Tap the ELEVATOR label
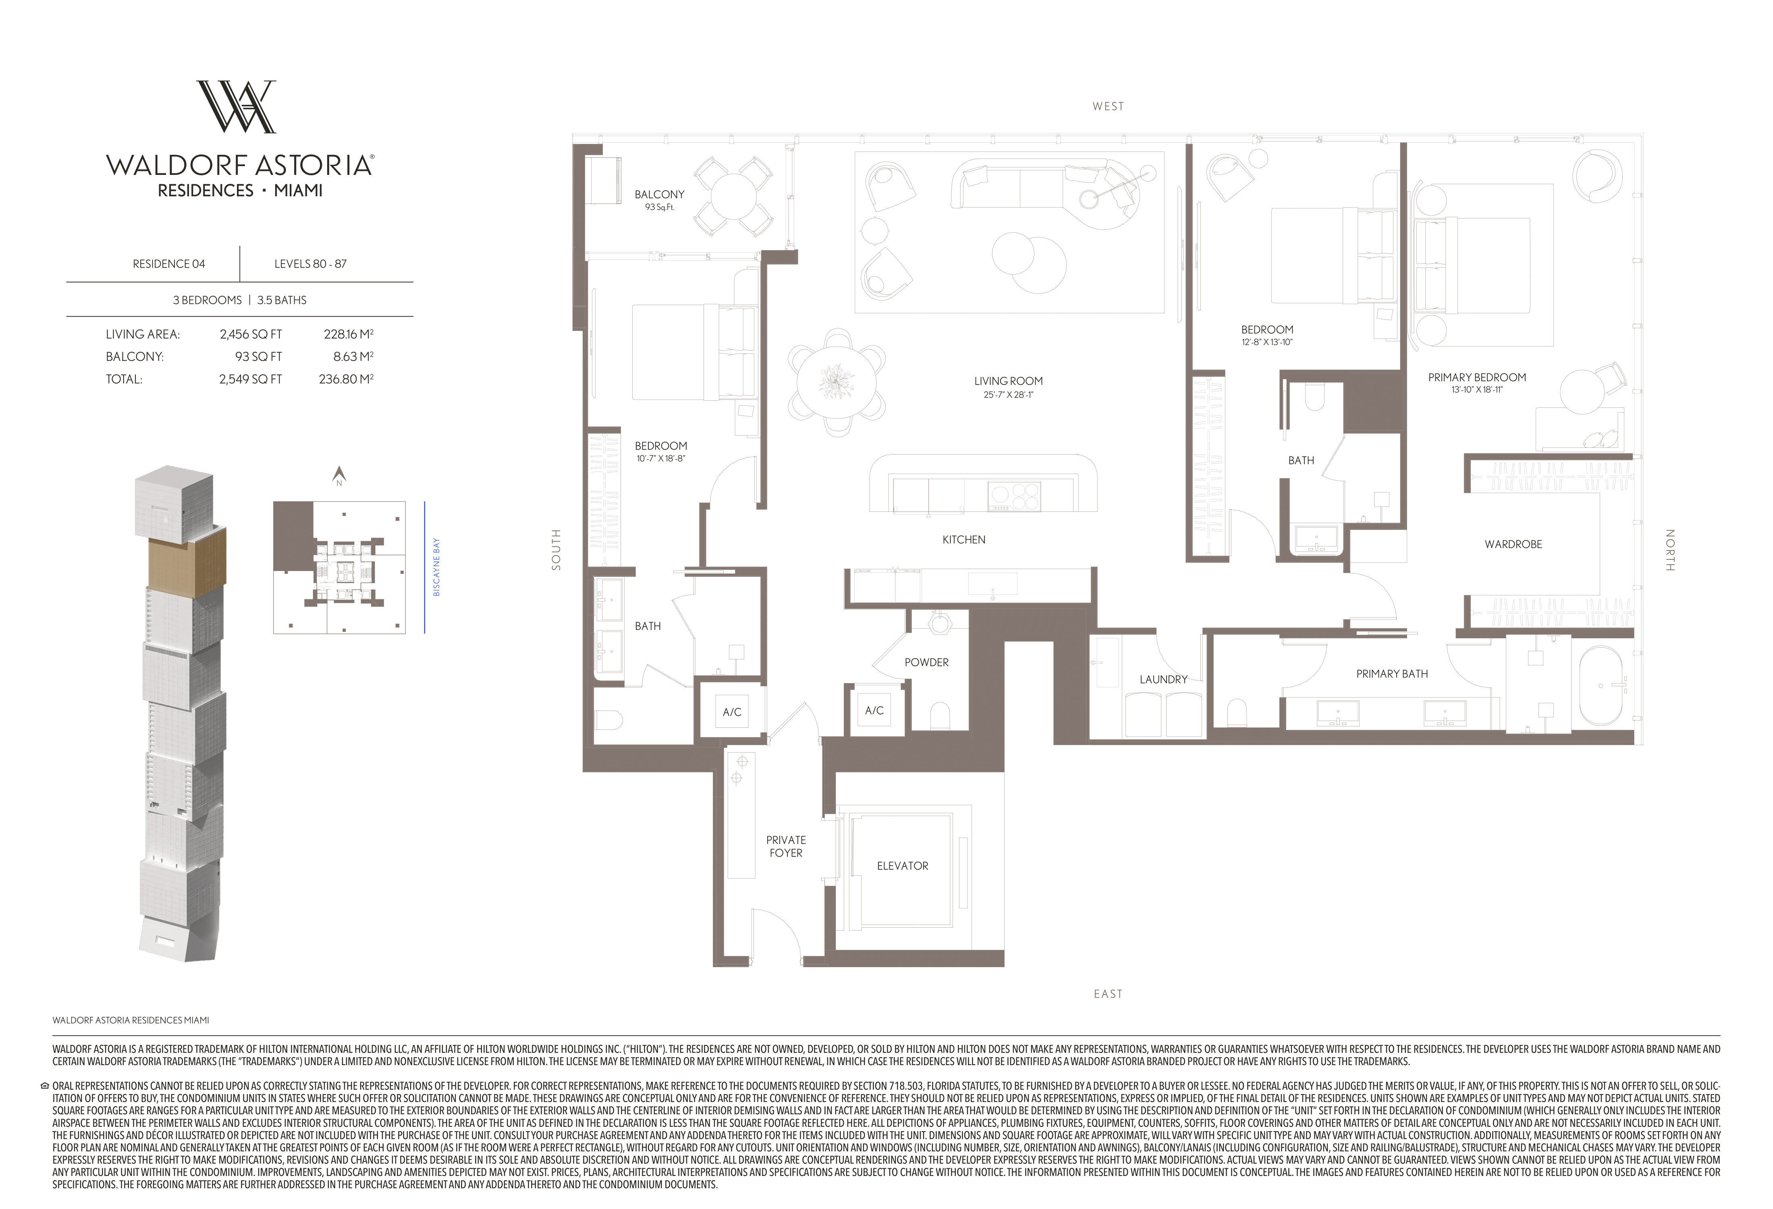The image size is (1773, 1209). click(903, 866)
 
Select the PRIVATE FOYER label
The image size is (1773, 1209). click(786, 846)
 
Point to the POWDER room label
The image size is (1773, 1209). click(926, 662)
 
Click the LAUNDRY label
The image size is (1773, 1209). click(1163, 679)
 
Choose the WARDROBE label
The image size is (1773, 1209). click(1513, 544)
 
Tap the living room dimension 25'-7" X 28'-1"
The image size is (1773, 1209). click(1008, 395)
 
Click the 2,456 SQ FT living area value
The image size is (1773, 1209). click(250, 334)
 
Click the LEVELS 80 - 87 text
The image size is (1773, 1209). click(311, 264)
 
